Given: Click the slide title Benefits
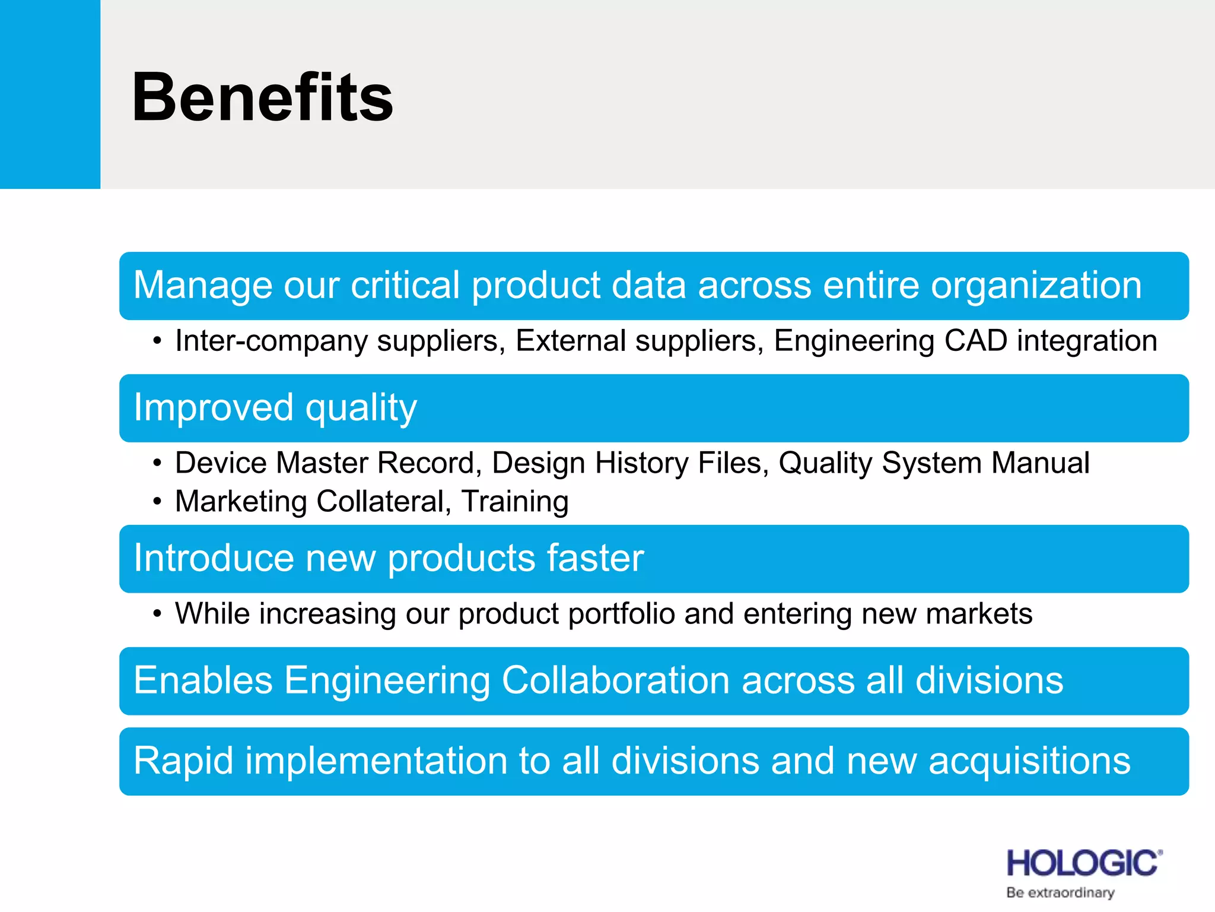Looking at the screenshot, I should click(x=262, y=97).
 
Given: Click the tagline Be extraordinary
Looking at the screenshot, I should click(x=1060, y=893).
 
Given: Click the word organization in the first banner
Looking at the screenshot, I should click(x=1036, y=286).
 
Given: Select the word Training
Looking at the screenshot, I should click(x=515, y=501).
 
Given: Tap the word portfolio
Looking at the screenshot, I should click(x=621, y=614).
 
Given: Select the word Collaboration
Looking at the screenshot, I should click(x=615, y=680).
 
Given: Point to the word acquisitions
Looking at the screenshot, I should click(x=1029, y=761).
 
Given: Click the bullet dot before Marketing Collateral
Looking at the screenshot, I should click(x=157, y=502).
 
